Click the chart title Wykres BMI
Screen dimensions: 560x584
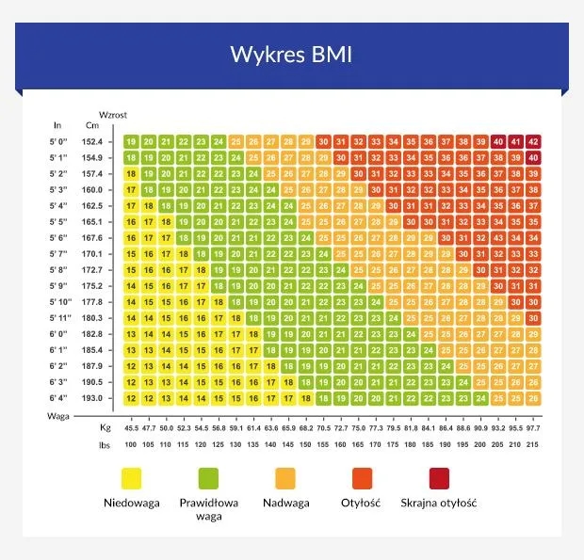(x=291, y=54)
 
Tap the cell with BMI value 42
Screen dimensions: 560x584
(x=533, y=141)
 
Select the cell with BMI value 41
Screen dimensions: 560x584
(x=515, y=141)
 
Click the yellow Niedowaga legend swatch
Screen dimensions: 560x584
(x=132, y=476)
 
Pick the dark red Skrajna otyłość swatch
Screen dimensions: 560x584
(x=438, y=476)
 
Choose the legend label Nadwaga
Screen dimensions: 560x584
(x=286, y=503)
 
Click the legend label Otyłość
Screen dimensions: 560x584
(x=361, y=503)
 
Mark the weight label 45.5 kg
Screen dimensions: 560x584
(x=131, y=427)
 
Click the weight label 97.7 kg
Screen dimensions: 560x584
(x=533, y=427)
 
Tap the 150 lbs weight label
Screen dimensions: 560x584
(x=305, y=443)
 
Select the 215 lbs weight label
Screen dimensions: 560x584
(x=533, y=443)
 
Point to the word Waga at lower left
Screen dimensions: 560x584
(x=60, y=414)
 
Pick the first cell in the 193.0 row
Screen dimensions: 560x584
(x=131, y=398)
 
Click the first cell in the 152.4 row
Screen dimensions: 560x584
(x=131, y=141)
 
